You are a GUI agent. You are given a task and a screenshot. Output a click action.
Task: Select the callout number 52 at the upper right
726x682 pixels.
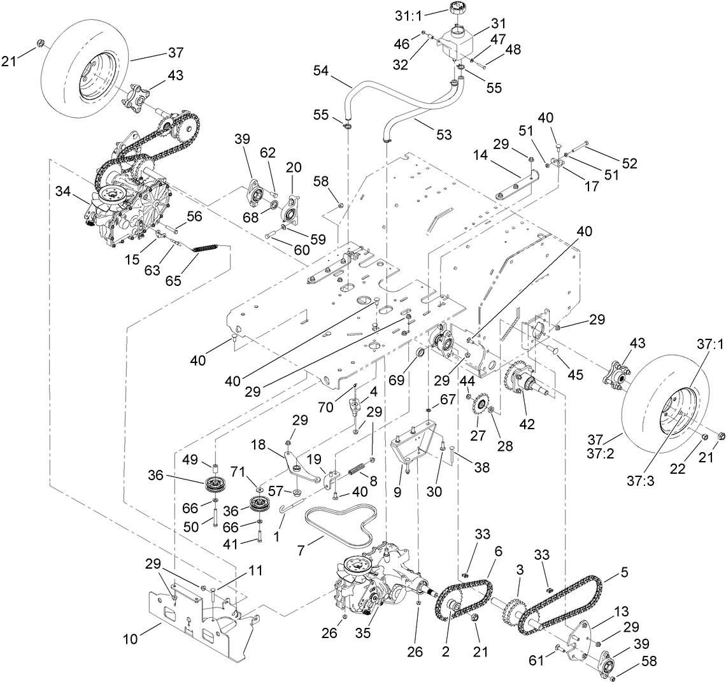point(629,163)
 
